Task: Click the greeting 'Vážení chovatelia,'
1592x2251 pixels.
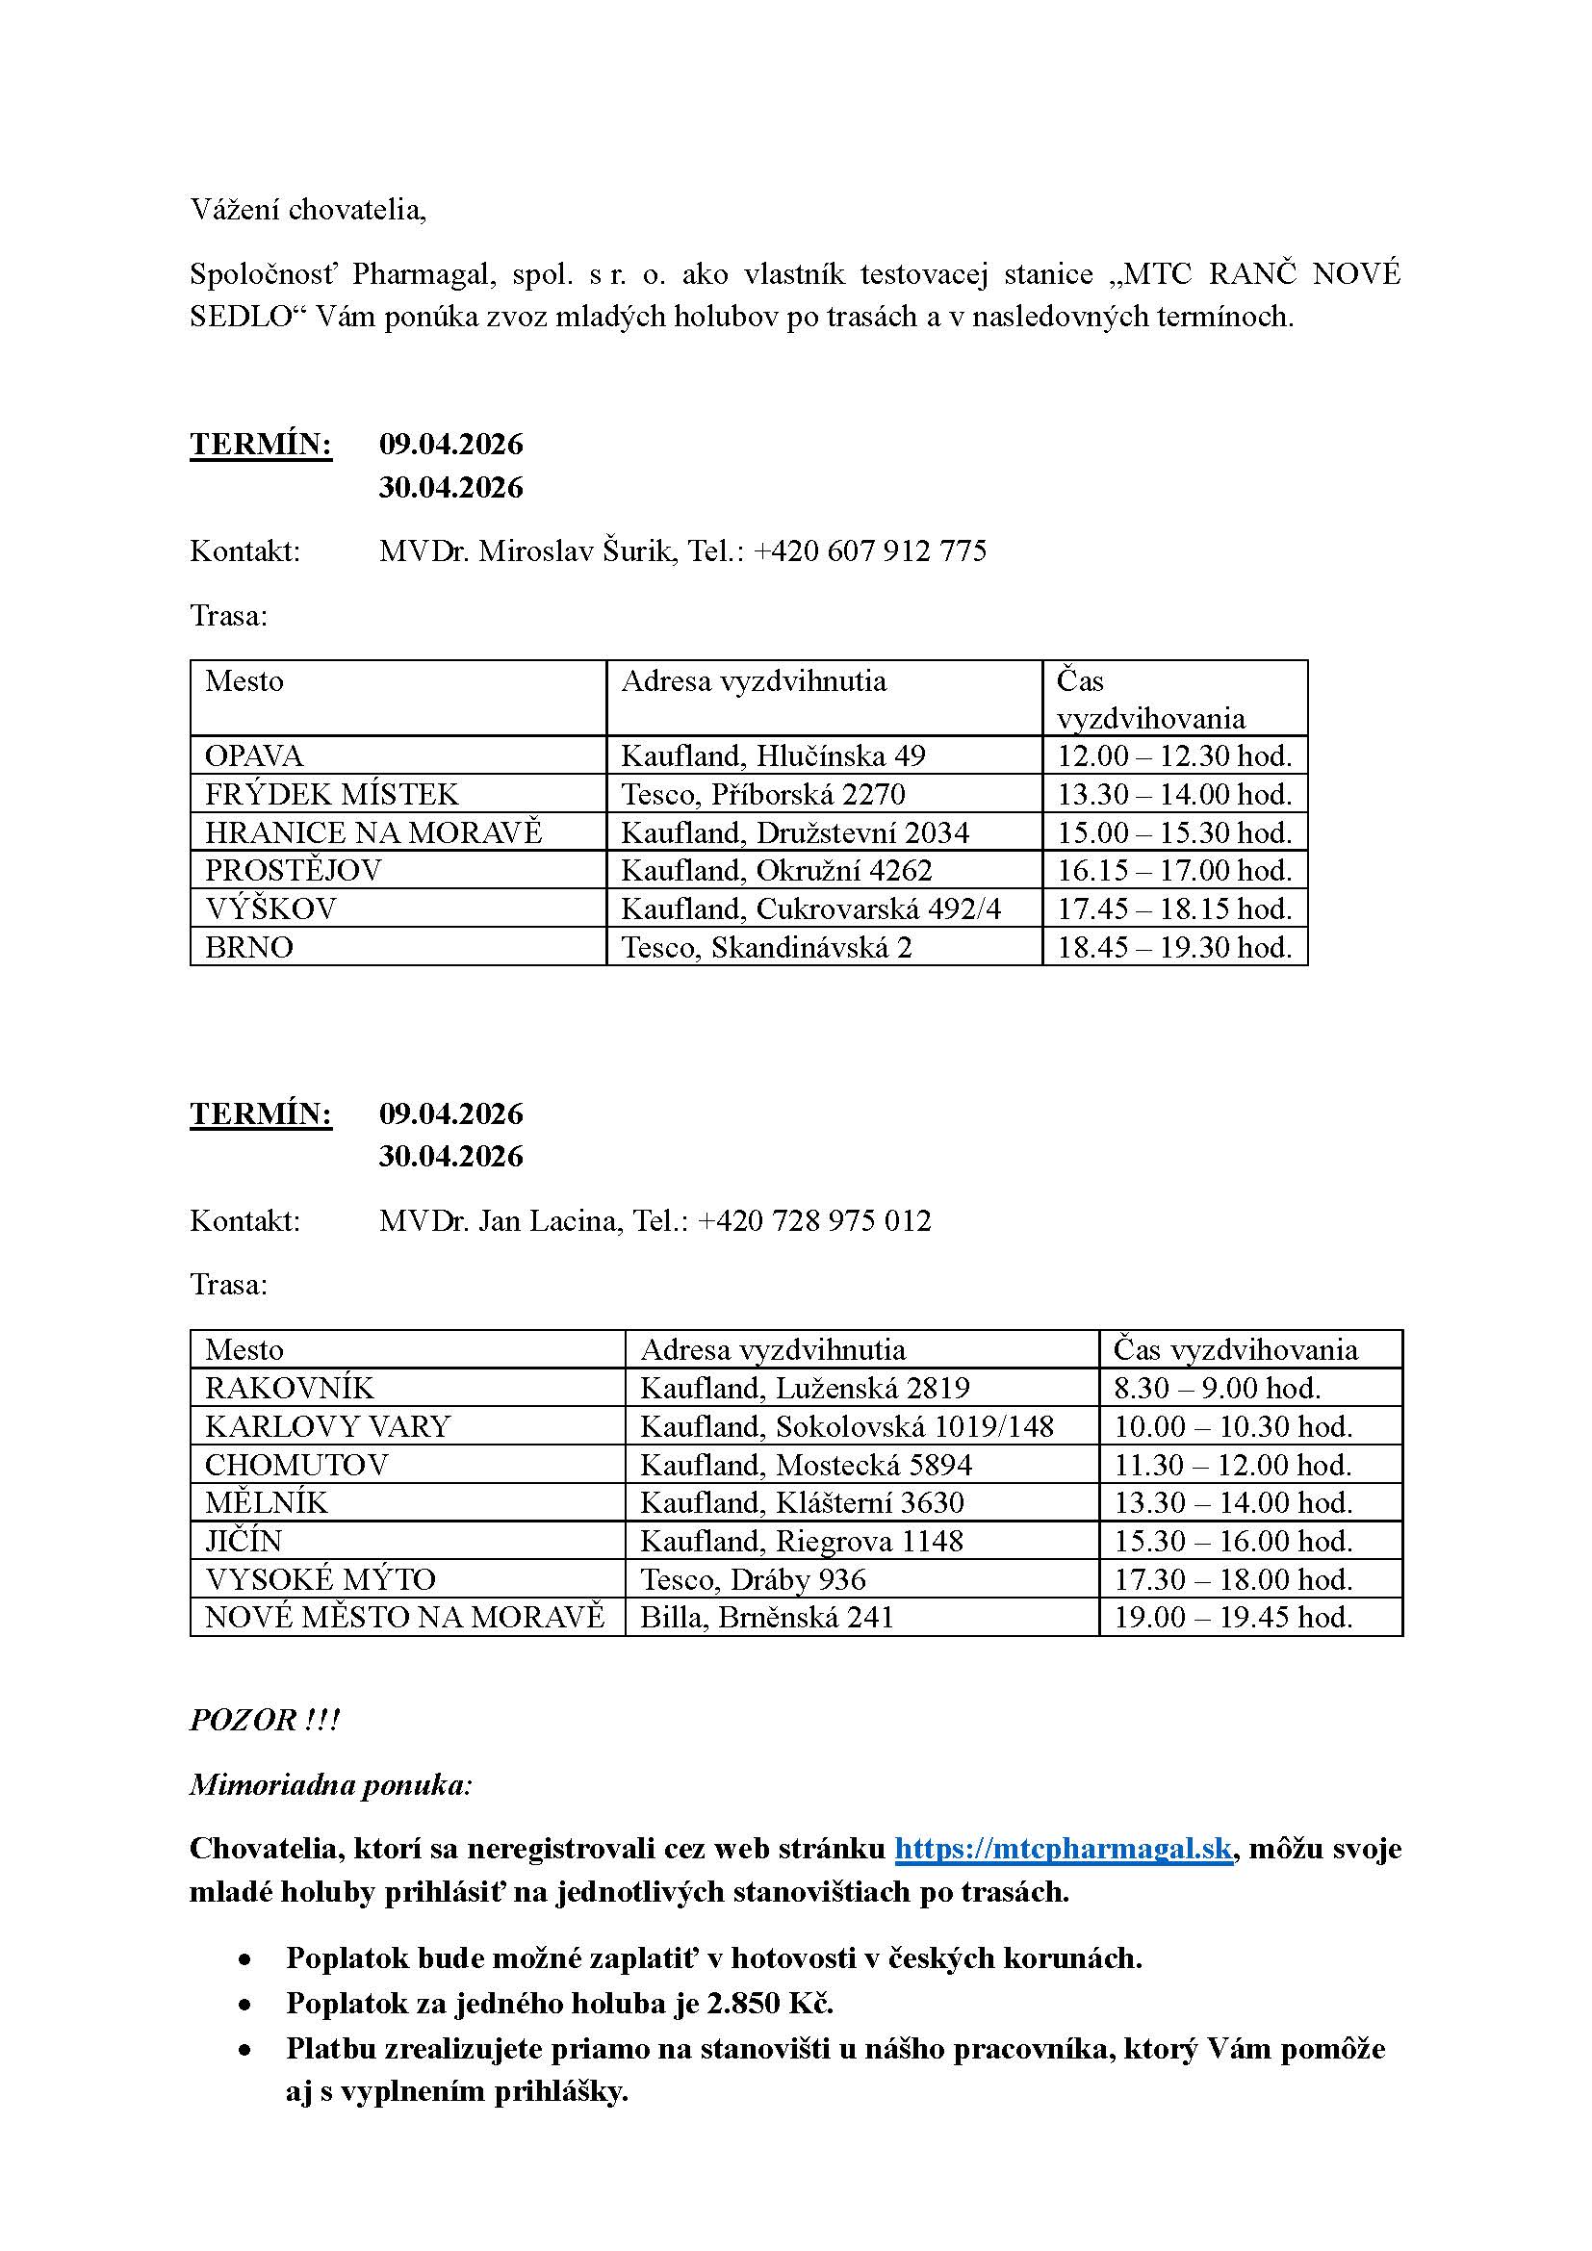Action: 308,210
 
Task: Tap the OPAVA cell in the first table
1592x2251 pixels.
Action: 254,755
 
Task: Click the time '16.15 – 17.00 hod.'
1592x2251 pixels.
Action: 1173,871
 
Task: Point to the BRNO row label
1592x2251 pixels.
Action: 249,947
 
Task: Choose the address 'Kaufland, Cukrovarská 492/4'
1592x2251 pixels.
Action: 810,908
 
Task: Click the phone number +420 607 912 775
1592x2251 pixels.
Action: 869,551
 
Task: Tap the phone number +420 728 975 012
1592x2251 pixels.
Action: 813,1220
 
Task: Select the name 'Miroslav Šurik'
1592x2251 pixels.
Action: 577,551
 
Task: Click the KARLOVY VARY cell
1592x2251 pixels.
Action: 327,1426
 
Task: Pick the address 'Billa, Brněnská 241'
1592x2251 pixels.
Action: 766,1617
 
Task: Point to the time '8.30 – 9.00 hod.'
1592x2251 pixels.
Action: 1217,1389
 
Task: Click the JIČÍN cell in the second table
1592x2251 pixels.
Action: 244,1541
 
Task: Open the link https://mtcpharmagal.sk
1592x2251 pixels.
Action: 1063,1849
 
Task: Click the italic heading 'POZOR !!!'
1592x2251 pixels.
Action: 264,1721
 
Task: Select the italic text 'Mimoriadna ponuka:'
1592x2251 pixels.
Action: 330,1784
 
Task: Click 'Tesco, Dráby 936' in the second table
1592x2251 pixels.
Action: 753,1579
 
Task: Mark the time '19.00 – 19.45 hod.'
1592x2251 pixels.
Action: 1232,1617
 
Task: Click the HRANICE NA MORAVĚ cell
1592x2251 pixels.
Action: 372,832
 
